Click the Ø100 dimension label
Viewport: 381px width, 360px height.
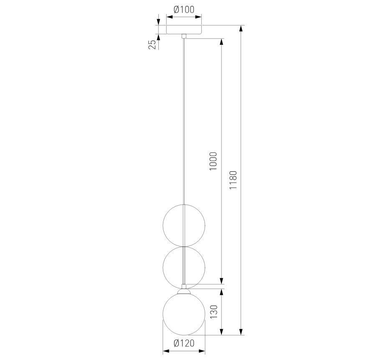coord(184,9)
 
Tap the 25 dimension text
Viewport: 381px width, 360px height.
coord(152,44)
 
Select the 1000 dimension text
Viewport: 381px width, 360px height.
coord(213,161)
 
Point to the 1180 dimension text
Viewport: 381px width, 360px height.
coord(233,180)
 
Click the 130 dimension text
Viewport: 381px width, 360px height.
coord(213,312)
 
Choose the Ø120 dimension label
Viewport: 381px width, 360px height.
coord(184,343)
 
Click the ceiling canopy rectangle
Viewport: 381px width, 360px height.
coord(184,29)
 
